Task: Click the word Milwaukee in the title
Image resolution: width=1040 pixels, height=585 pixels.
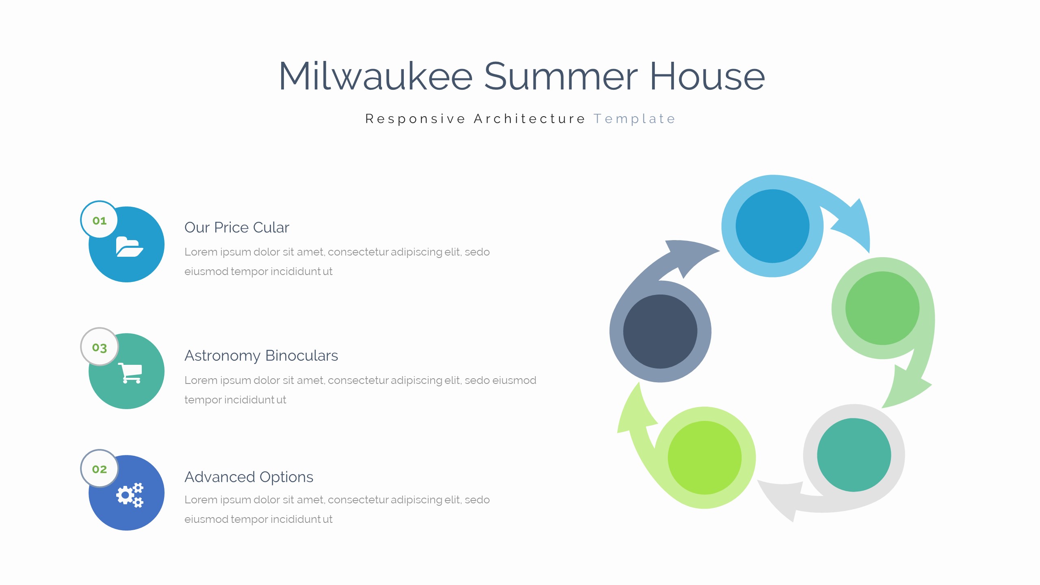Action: point(376,76)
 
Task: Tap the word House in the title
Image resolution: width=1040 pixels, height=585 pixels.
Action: point(707,76)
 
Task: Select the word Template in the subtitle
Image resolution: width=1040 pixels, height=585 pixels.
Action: point(634,119)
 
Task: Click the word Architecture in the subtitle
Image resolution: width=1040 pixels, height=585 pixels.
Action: point(529,119)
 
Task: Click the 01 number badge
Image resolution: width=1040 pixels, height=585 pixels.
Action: point(100,220)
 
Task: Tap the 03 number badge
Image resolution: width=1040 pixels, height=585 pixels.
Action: point(100,347)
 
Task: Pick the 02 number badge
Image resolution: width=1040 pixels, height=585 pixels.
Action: point(100,468)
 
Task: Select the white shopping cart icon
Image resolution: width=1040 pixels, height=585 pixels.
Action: point(130,373)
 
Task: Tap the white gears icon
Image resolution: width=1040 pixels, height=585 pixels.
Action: point(130,495)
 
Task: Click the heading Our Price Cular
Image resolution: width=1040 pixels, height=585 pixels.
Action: point(237,227)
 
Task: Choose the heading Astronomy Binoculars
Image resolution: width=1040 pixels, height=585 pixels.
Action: point(261,356)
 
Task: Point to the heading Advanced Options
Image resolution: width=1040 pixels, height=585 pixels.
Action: point(249,477)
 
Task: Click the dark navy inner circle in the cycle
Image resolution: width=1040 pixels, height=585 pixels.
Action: point(660,331)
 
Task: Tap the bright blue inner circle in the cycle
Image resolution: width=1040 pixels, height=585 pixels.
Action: point(772,226)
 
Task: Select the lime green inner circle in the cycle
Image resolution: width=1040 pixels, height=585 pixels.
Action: point(704,458)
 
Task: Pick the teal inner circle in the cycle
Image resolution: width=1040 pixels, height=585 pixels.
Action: point(854,455)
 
